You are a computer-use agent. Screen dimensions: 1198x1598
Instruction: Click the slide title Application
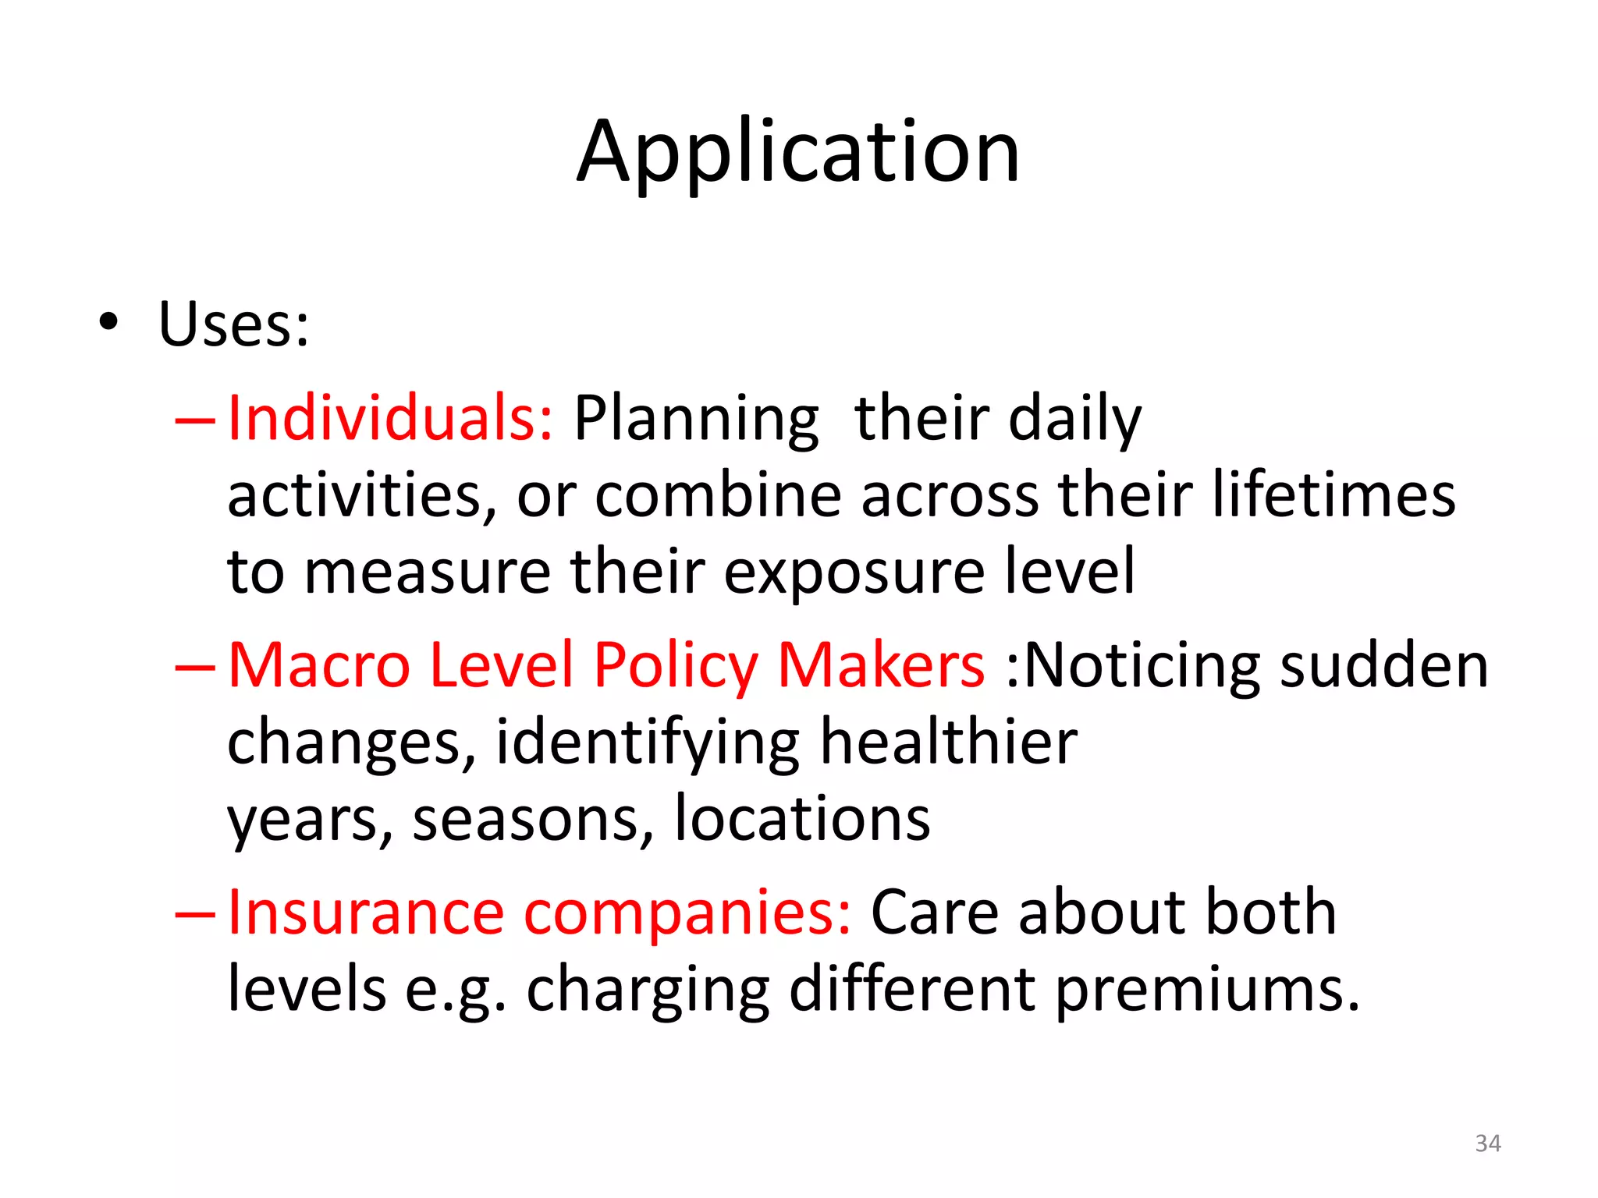797,152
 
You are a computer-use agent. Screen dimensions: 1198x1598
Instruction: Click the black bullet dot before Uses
108,321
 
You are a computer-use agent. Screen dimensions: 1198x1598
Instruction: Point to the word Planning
696,421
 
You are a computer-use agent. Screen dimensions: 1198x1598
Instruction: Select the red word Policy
675,667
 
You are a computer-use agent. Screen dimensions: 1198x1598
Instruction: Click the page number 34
1488,1143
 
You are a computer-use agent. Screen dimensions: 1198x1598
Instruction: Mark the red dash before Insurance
195,913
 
